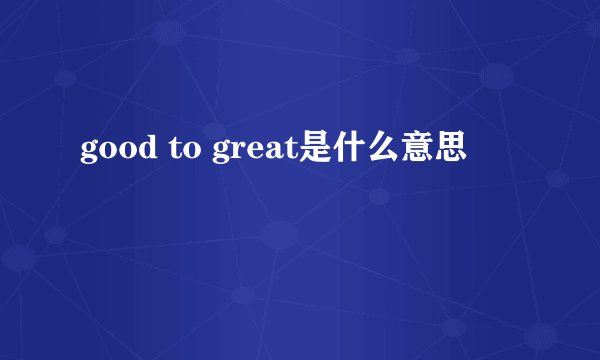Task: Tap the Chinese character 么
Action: (382, 151)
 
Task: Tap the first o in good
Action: (104, 153)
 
